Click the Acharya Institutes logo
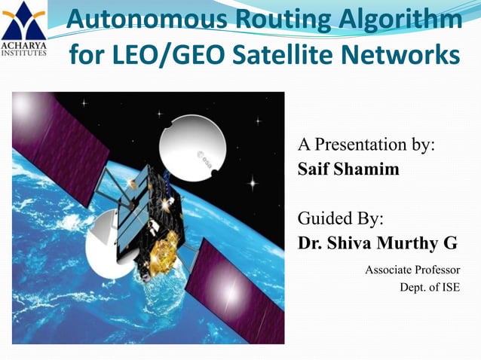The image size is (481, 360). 23,19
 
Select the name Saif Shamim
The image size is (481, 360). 348,169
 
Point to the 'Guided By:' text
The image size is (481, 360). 341,219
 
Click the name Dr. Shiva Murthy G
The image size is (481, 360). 378,243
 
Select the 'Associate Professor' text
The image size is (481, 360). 412,269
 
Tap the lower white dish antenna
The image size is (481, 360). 109,252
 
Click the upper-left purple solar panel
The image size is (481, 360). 60,143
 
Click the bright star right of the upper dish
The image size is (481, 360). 253,182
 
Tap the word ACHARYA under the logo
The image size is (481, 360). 23,44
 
